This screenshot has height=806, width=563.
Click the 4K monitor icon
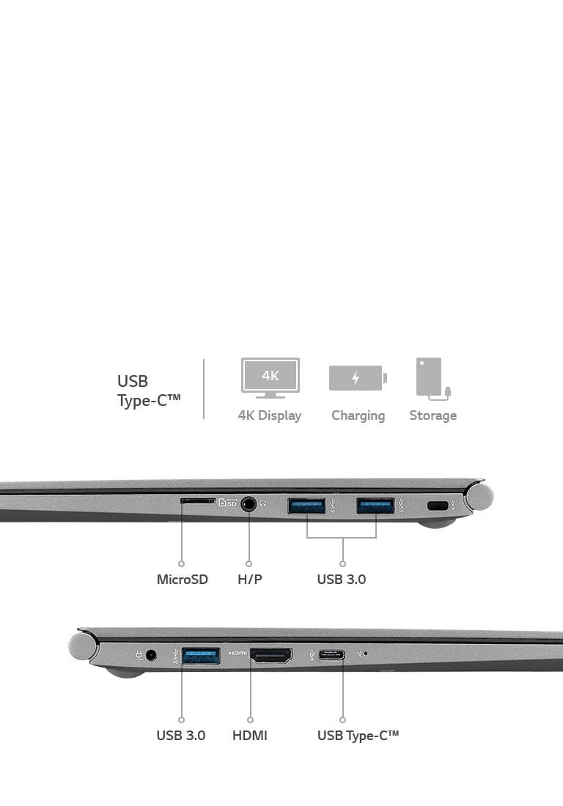[x=270, y=377]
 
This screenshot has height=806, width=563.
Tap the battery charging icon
[x=357, y=378]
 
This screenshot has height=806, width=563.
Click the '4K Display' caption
[x=270, y=415]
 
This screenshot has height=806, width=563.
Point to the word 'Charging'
[x=358, y=415]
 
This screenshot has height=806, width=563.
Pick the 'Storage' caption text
[x=433, y=415]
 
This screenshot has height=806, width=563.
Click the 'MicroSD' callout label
[x=182, y=580]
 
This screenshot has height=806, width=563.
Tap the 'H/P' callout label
[x=249, y=580]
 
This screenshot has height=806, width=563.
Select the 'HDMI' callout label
[x=250, y=735]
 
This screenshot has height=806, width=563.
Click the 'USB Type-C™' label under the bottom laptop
[x=358, y=735]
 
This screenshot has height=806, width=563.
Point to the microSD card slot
[x=198, y=501]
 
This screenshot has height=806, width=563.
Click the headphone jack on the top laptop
[x=249, y=504]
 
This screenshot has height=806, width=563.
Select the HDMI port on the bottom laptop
[x=271, y=655]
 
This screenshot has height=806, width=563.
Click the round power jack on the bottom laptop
[x=152, y=655]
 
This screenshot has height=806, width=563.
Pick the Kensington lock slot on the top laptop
[x=438, y=506]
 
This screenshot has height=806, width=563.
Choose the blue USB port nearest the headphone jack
[x=306, y=506]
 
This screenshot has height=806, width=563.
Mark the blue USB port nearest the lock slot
[x=375, y=506]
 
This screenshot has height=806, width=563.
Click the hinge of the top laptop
[x=480, y=496]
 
